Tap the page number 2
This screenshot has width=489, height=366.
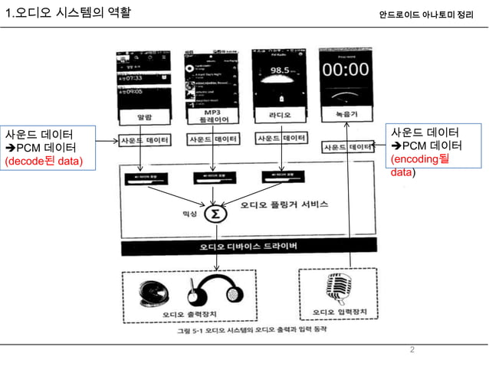[412, 351]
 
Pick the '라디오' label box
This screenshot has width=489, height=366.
[279, 116]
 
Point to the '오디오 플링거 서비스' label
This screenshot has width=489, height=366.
[284, 205]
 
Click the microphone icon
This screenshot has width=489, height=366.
[337, 288]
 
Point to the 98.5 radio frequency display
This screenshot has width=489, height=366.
[278, 70]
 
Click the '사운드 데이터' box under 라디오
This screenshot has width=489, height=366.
[281, 139]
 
